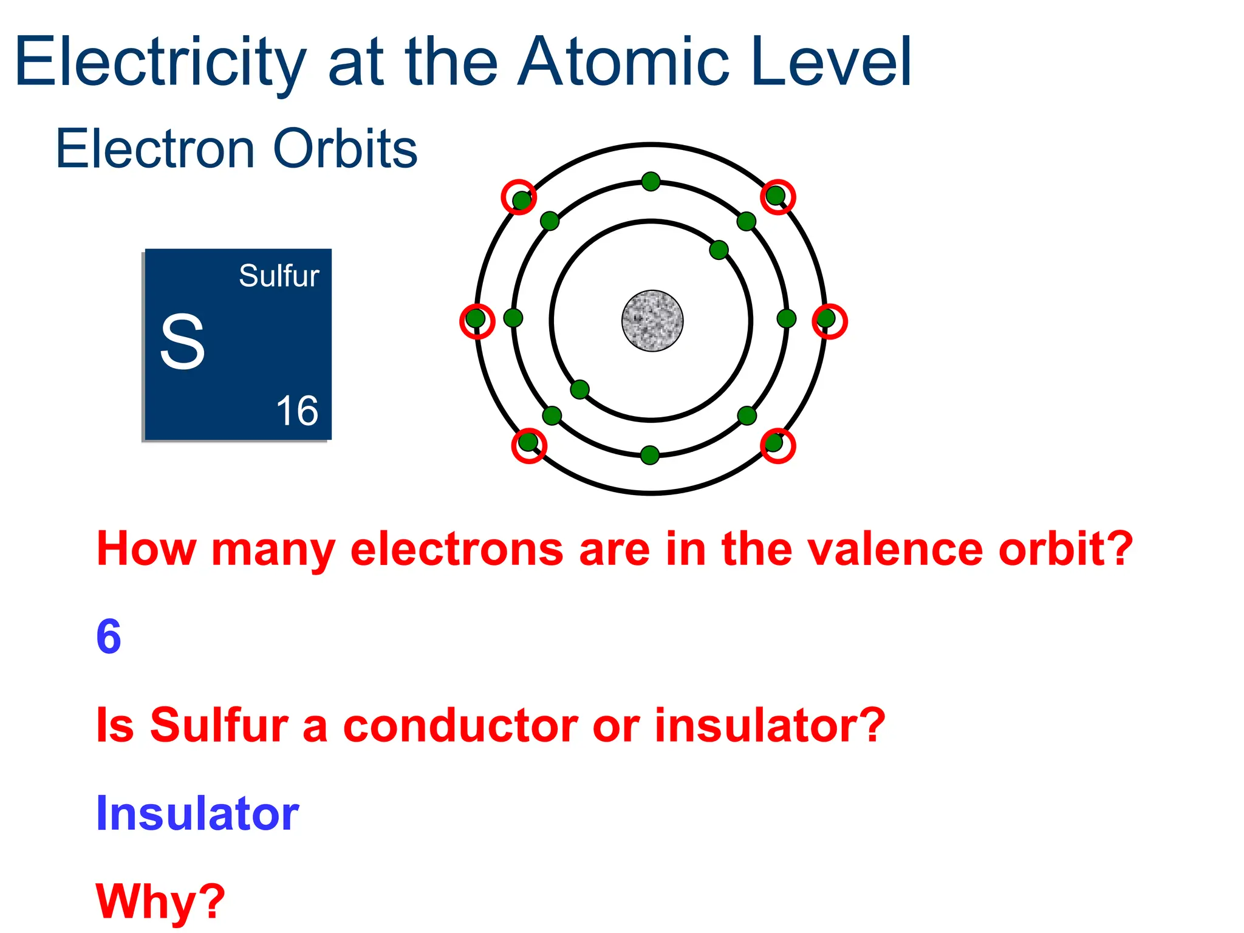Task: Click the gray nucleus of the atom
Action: (652, 320)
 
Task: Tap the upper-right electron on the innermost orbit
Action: (719, 250)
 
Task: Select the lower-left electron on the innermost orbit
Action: (580, 389)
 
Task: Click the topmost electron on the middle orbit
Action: (651, 181)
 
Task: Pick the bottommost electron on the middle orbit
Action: (650, 454)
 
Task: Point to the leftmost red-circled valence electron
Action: (476, 318)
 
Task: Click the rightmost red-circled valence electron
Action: (826, 318)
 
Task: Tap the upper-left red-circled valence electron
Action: (521, 200)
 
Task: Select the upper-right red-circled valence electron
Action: (775, 196)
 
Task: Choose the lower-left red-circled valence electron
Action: (528, 442)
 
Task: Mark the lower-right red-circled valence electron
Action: (773, 442)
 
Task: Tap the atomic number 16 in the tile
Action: (297, 411)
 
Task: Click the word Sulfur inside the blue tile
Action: (279, 276)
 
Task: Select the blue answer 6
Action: (109, 637)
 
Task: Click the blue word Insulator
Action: (197, 813)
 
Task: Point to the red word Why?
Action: (160, 901)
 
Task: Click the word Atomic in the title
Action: (623, 62)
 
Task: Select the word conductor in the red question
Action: (460, 725)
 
